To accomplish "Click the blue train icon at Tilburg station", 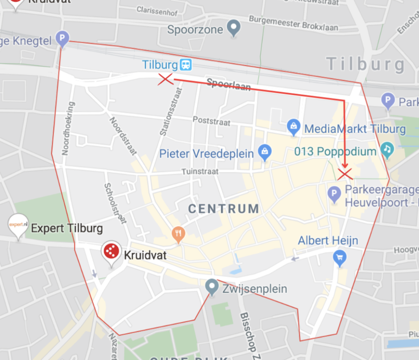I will coord(186,64).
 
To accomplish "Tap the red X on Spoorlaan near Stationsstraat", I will coord(166,79).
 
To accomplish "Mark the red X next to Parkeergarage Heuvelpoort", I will coord(345,174).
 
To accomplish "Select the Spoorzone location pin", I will coord(234,28).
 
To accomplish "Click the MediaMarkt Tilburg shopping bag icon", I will coord(293,127).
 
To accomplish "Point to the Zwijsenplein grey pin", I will coord(212,287).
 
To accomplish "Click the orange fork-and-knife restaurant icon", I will coord(179,233).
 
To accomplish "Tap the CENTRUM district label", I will coord(224,209).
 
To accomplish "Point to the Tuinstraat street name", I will coord(201,172).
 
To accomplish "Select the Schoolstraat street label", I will coord(115,203).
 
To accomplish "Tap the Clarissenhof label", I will coord(157,11).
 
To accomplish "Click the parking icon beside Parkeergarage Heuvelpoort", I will coord(334,194).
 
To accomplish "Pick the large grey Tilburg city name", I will coord(365,65).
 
